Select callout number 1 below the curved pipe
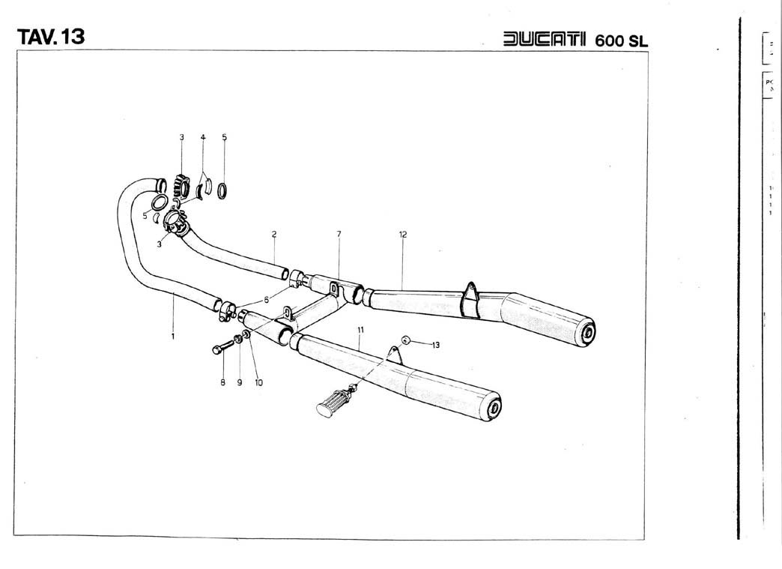(x=172, y=337)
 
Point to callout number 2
(x=274, y=234)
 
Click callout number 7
(x=339, y=234)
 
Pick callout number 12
(x=403, y=234)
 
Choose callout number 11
(x=360, y=329)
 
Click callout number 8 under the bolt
(x=222, y=382)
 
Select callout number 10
(x=258, y=382)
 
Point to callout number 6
(x=266, y=299)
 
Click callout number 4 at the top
(x=202, y=137)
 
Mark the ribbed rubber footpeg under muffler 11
(x=331, y=402)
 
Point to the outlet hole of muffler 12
(x=588, y=332)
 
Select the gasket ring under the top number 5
(x=223, y=190)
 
